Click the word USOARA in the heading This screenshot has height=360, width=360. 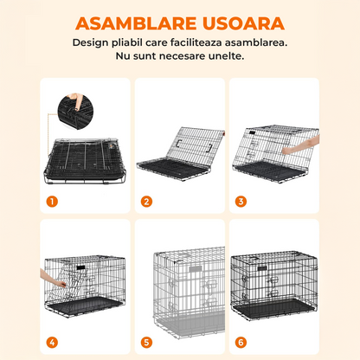pyautogui.click(x=238, y=20)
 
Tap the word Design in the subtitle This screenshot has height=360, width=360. pyautogui.click(x=91, y=41)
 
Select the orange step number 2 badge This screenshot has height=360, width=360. pyautogui.click(x=147, y=202)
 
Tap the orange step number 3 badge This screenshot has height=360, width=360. pyautogui.click(x=241, y=202)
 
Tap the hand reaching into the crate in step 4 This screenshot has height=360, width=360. pyautogui.click(x=54, y=280)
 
